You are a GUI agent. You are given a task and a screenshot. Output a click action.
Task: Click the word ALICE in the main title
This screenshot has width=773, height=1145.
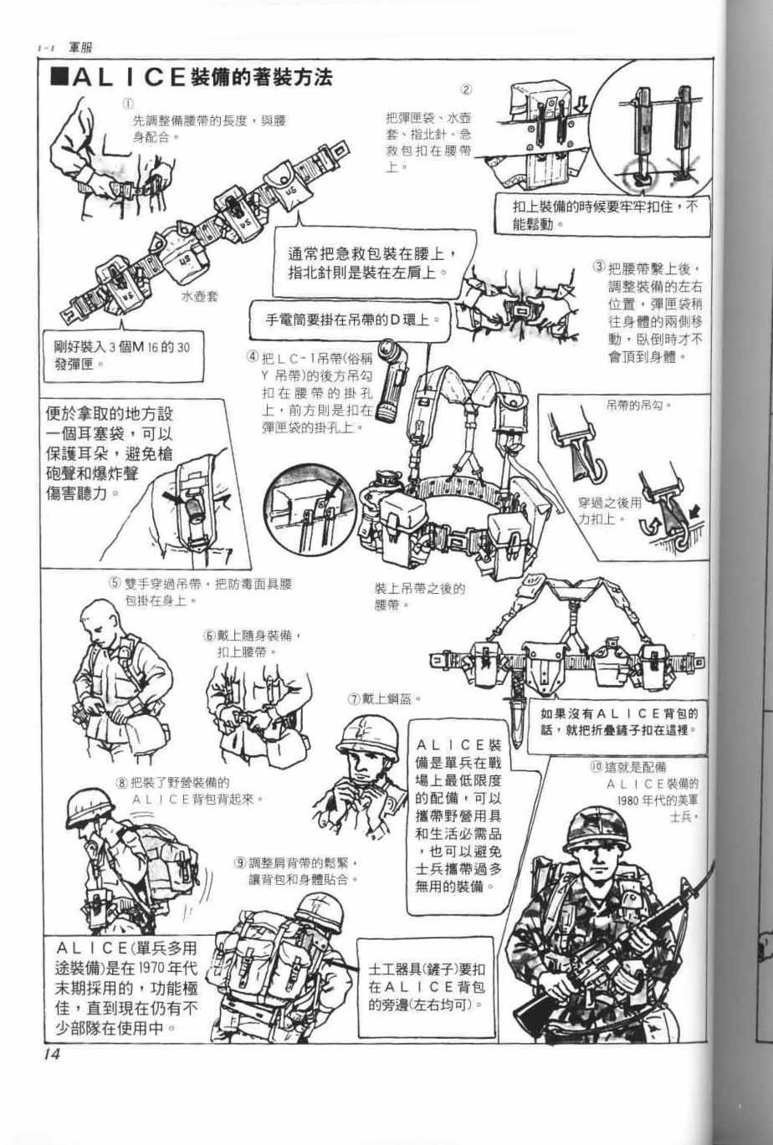point(129,77)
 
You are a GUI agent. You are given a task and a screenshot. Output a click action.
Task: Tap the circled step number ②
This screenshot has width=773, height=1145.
point(466,90)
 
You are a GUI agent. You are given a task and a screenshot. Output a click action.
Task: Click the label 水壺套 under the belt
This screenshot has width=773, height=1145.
point(199,296)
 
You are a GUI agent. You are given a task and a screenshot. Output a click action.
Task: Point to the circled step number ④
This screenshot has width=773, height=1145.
point(253,357)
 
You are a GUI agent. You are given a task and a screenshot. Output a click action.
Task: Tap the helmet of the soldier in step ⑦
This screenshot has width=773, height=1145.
point(366,737)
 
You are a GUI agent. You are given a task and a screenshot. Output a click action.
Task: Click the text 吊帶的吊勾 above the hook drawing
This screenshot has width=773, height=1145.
point(637,406)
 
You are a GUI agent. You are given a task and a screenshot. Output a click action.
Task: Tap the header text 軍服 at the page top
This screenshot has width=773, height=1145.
point(80,48)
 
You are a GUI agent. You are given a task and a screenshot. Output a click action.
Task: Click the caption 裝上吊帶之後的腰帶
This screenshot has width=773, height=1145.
point(419,596)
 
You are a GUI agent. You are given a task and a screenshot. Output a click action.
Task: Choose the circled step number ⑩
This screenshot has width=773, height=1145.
point(596,767)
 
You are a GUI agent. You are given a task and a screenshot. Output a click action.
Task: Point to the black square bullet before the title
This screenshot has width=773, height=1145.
point(60,77)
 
